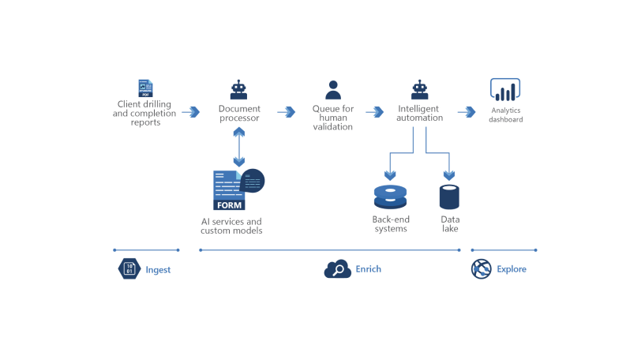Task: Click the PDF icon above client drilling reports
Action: click(145, 88)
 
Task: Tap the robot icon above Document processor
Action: click(238, 89)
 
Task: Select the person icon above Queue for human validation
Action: click(333, 89)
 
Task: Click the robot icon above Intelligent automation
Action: click(420, 89)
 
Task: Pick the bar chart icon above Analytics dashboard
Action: click(505, 90)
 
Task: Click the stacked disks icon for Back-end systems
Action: click(389, 197)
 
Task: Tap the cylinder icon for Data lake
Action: click(449, 197)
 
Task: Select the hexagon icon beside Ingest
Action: click(129, 269)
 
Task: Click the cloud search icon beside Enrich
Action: click(337, 269)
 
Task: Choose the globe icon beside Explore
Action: click(482, 269)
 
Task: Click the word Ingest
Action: click(158, 270)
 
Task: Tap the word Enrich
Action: click(368, 269)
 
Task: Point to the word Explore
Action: click(512, 269)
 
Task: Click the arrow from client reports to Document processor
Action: click(191, 112)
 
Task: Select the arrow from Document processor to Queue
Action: click(286, 112)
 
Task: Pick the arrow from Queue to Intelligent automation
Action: click(376, 112)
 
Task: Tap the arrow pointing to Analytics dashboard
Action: click(467, 112)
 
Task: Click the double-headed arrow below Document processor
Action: click(238, 146)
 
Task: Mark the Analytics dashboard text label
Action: click(506, 115)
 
